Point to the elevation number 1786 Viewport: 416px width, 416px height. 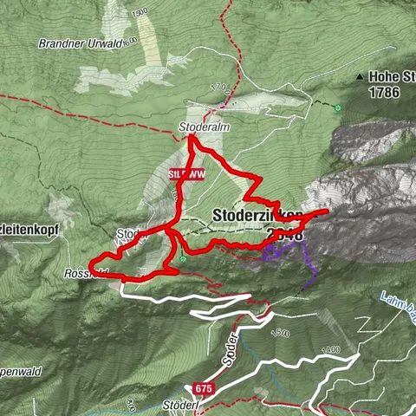pyautogui.click(x=386, y=90)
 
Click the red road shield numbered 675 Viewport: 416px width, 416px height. pyautogui.click(x=202, y=389)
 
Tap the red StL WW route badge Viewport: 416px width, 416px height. pyautogui.click(x=186, y=173)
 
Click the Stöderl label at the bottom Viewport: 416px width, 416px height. pyautogui.click(x=179, y=406)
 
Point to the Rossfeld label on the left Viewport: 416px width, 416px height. pyautogui.click(x=82, y=271)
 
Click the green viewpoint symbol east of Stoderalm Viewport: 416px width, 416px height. pyautogui.click(x=338, y=108)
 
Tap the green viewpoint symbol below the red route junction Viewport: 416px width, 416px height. pyautogui.click(x=184, y=257)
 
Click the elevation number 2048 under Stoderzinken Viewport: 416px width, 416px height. pyautogui.click(x=286, y=235)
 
